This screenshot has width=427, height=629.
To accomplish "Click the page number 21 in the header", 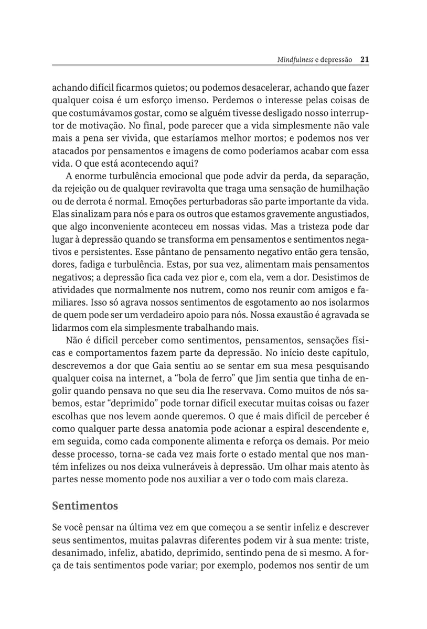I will tap(366, 60).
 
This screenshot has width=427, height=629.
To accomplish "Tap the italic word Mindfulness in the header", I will tap(295, 60).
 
